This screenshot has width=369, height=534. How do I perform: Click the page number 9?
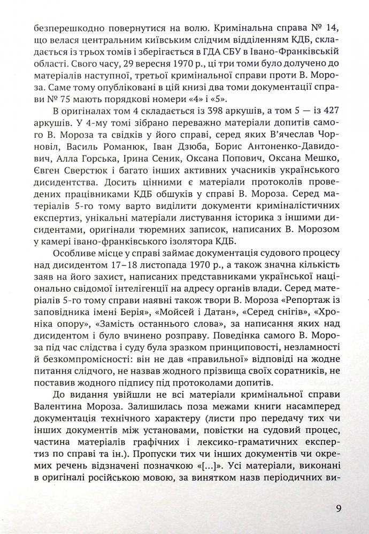click(x=338, y=508)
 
